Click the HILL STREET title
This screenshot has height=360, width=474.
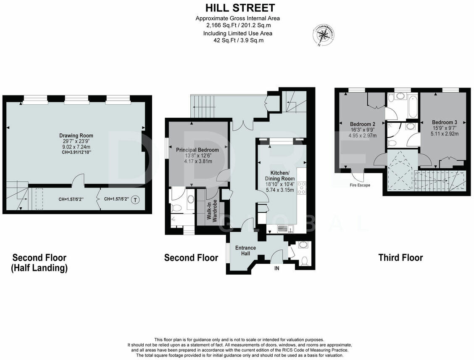pos(240,8)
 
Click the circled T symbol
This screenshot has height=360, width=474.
pos(134,200)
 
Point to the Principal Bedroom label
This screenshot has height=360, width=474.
pos(197,150)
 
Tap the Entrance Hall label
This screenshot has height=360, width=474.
pos(245,251)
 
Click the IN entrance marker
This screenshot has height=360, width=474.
pos(276,268)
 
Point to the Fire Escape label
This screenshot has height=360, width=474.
pos(360,185)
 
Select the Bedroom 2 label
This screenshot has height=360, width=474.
pos(362,124)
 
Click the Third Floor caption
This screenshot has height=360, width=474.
pos(400,257)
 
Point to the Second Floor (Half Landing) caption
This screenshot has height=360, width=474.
pos(39,262)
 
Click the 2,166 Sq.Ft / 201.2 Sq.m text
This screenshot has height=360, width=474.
pos(237,25)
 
